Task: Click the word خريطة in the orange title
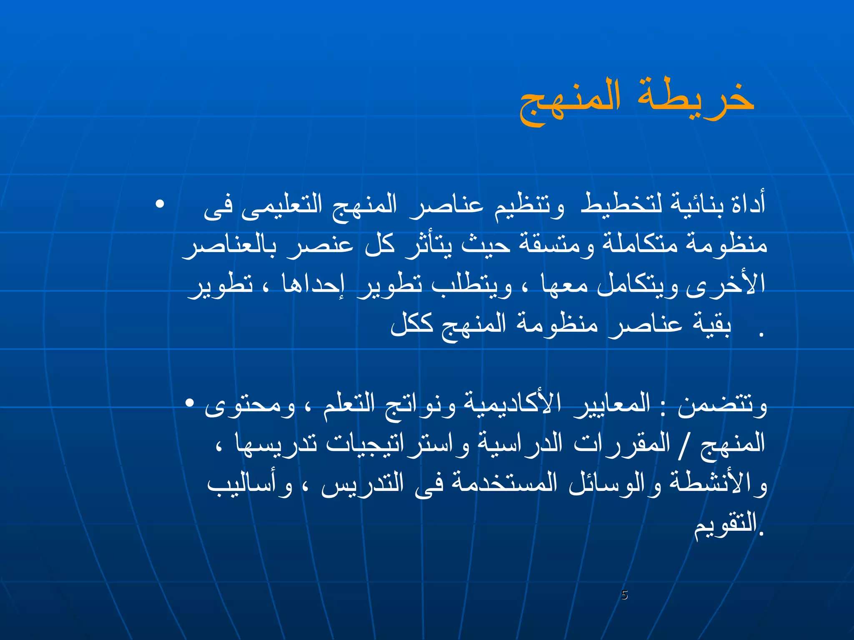point(696,99)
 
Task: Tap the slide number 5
point(624,595)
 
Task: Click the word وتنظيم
point(530,205)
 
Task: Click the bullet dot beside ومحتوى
point(190,403)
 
